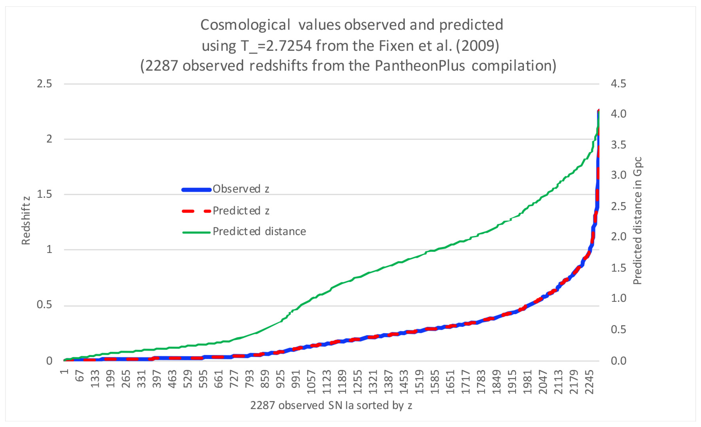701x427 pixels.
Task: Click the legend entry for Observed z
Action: pos(241,189)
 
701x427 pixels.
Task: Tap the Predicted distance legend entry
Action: pos(259,231)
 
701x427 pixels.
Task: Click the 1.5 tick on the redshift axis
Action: pos(44,194)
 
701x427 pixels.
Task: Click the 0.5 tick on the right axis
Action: pos(618,329)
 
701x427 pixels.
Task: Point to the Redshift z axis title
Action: pos(26,221)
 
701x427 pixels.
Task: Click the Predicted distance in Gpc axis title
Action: pos(638,221)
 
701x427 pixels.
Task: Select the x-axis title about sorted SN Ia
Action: pos(331,405)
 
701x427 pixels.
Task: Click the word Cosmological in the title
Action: pos(245,25)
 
